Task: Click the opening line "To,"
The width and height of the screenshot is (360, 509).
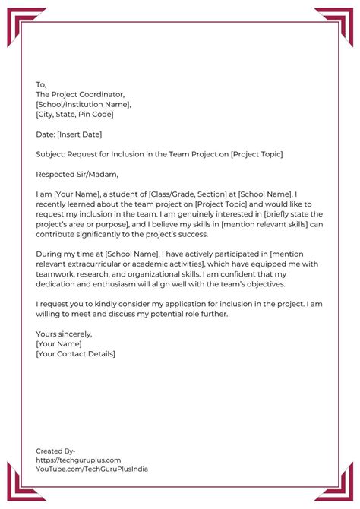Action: pos(41,84)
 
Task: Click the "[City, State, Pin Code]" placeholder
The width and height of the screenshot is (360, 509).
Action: pos(74,114)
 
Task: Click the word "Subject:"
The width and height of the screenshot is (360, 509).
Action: pos(51,154)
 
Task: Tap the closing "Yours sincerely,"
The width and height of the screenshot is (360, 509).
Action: pos(64,334)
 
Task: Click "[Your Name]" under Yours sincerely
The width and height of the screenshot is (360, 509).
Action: pos(59,343)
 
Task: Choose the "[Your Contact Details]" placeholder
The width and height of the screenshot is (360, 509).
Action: pos(75,353)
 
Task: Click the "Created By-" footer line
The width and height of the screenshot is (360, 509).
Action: pos(55,451)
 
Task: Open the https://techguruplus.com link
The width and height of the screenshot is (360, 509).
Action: pos(78,460)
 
